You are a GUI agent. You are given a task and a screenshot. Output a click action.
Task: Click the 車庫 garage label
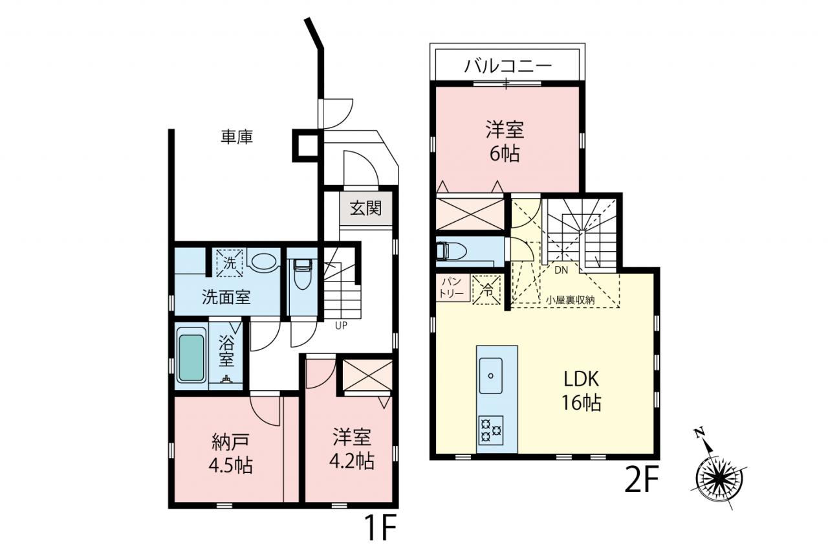point(237,137)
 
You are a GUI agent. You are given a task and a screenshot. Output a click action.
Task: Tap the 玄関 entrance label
point(365,208)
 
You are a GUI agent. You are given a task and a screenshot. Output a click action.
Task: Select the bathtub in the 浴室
point(191,358)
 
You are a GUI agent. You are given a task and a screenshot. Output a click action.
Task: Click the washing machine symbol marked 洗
point(230,263)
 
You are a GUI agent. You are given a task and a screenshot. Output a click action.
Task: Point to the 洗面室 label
point(226,297)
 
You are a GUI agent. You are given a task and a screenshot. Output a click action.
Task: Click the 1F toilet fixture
point(302,274)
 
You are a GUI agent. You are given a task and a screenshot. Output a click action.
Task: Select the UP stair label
point(341,326)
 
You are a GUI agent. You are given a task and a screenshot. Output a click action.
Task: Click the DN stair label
point(561,270)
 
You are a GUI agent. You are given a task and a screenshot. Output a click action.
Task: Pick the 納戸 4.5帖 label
point(230,454)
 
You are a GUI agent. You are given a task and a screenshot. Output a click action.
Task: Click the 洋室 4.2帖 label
point(351,448)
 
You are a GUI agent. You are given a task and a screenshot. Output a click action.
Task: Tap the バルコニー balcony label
point(508,67)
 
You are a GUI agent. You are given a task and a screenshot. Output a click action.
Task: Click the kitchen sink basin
point(490,375)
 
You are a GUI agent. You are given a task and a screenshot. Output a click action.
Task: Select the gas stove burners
point(491,430)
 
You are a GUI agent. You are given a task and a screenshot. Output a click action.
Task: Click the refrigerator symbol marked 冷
point(487,290)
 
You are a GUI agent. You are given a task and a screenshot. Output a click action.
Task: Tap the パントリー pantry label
point(452,287)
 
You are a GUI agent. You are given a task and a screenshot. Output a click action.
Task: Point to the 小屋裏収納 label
point(571,300)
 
